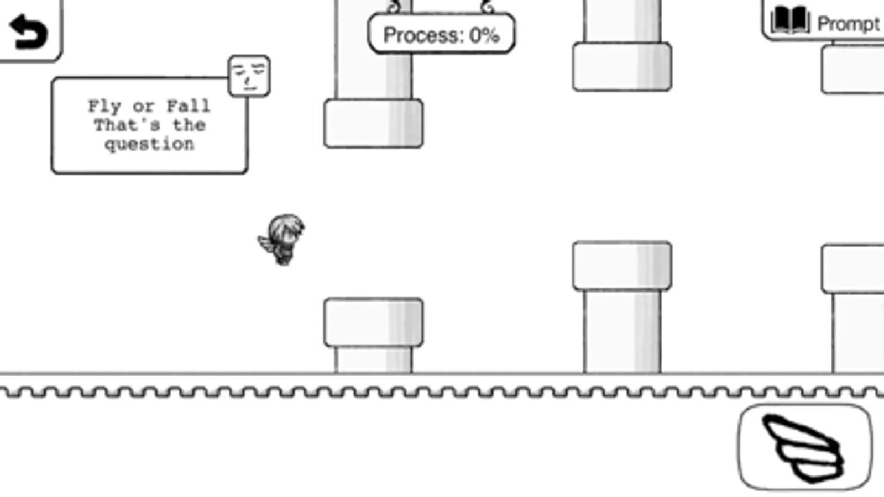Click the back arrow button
point(28,31)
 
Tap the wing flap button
point(805,447)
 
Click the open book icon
point(791,20)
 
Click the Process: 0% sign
point(441,34)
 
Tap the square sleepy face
point(249,76)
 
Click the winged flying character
point(281,240)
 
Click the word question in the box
point(150,145)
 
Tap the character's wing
point(268,244)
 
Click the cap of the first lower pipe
point(373,322)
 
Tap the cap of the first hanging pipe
point(373,123)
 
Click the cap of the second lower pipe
point(623,266)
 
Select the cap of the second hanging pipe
point(623,67)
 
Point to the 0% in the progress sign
point(485,35)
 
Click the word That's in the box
point(127,125)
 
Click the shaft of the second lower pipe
point(623,331)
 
